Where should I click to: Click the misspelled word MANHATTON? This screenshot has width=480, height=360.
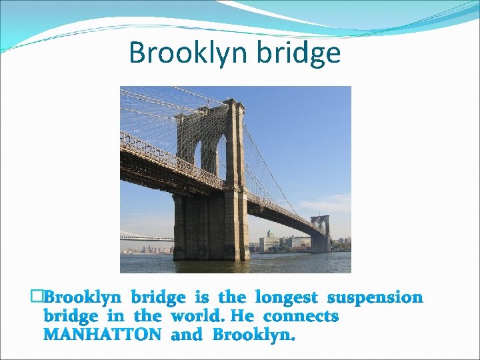(102, 335)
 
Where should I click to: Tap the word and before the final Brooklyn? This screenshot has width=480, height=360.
(187, 335)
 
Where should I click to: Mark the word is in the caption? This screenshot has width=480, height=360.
(201, 297)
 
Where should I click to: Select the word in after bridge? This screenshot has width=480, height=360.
(117, 316)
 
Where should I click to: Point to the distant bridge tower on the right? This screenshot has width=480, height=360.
(320, 233)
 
